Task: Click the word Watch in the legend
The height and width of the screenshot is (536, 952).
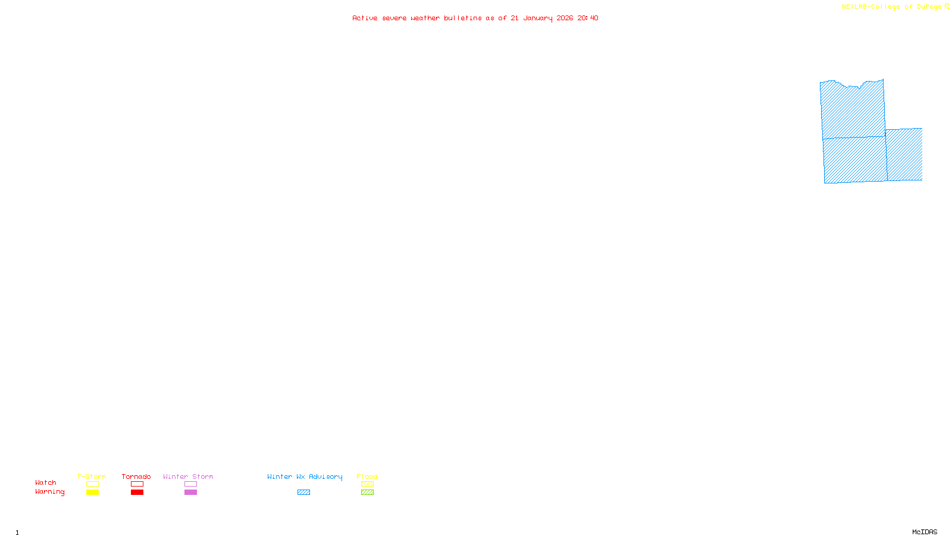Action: click(46, 483)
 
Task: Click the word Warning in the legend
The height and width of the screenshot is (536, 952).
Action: click(49, 492)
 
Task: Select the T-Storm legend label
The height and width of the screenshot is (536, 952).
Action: click(92, 476)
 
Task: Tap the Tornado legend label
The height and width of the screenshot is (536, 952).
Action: click(136, 476)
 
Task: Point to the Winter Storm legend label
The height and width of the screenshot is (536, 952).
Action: click(188, 476)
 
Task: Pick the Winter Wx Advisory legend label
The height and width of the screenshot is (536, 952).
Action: click(305, 476)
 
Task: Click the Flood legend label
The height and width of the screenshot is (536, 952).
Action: click(367, 476)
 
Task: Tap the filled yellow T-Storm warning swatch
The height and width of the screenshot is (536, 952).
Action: click(92, 493)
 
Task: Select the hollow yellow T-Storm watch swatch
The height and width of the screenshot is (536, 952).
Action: click(92, 484)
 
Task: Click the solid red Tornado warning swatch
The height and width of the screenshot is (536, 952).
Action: click(137, 493)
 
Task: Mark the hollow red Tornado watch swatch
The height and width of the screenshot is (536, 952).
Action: click(137, 484)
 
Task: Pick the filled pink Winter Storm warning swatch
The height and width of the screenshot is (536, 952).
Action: click(190, 493)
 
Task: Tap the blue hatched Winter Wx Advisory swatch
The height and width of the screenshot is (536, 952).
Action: click(303, 493)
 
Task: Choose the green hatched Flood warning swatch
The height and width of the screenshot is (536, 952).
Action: click(367, 493)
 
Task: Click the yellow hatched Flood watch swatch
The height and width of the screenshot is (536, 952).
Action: click(367, 484)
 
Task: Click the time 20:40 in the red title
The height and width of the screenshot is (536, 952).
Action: click(588, 18)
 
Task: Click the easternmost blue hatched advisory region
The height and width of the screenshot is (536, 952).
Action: click(904, 155)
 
